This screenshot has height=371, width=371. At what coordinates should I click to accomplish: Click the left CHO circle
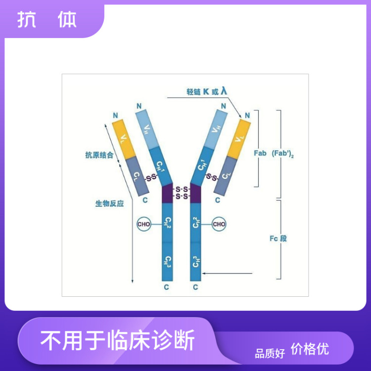point(143,224)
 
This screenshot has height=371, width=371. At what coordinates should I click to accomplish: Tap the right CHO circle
point(219,224)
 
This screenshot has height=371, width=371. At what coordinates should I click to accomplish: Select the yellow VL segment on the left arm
point(124,139)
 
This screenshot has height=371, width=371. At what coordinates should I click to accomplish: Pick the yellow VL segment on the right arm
point(239,139)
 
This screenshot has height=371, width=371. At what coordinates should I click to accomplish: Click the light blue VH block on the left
point(147,129)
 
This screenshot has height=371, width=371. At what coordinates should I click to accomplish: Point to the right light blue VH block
point(216,129)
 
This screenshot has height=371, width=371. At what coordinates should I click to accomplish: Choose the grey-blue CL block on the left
point(137,176)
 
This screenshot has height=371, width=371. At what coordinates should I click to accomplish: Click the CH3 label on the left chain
point(168,262)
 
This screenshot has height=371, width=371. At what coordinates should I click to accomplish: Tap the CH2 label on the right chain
point(196,223)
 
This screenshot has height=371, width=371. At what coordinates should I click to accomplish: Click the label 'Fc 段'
point(278,238)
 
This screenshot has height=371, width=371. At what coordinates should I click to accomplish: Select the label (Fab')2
point(282,153)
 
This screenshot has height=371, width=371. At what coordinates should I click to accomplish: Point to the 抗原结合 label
point(99,155)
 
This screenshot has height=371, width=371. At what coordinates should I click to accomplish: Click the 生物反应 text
point(109,203)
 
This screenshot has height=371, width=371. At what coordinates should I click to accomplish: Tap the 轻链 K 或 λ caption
point(207,91)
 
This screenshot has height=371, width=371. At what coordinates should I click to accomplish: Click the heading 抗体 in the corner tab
point(47,20)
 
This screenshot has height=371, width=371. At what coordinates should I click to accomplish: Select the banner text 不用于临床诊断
point(118,340)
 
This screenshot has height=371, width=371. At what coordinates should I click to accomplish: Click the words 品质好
point(270,354)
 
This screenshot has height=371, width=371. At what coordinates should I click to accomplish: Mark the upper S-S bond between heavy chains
point(182,189)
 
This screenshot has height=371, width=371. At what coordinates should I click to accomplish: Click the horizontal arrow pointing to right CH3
point(227,273)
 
